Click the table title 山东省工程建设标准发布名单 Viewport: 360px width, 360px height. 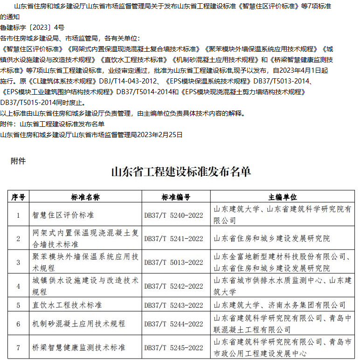tap(180, 172)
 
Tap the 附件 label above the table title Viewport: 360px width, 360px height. tap(18, 161)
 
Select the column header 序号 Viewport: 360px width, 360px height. tap(18, 197)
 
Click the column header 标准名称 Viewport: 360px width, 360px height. tap(85, 197)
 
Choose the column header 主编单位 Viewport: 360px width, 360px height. tap(283, 197)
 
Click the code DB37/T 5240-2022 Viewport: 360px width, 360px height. tap(173, 215)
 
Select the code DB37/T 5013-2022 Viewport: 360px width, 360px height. tap(173, 263)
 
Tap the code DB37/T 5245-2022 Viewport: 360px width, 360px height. tap(173, 348)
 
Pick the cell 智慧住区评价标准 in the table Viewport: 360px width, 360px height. tap(63, 215)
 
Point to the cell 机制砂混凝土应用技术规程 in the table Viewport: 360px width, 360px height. tap(79, 324)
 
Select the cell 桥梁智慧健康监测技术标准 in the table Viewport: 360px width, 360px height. tap(79, 348)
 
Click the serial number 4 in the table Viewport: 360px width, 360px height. tap(18, 286)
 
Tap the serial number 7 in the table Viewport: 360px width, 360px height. tap(18, 348)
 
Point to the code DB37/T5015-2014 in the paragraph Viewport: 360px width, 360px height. tap(26, 103)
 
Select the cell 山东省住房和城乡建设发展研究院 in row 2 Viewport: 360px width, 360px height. tap(271, 239)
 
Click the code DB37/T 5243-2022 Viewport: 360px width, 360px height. tap(173, 305)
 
